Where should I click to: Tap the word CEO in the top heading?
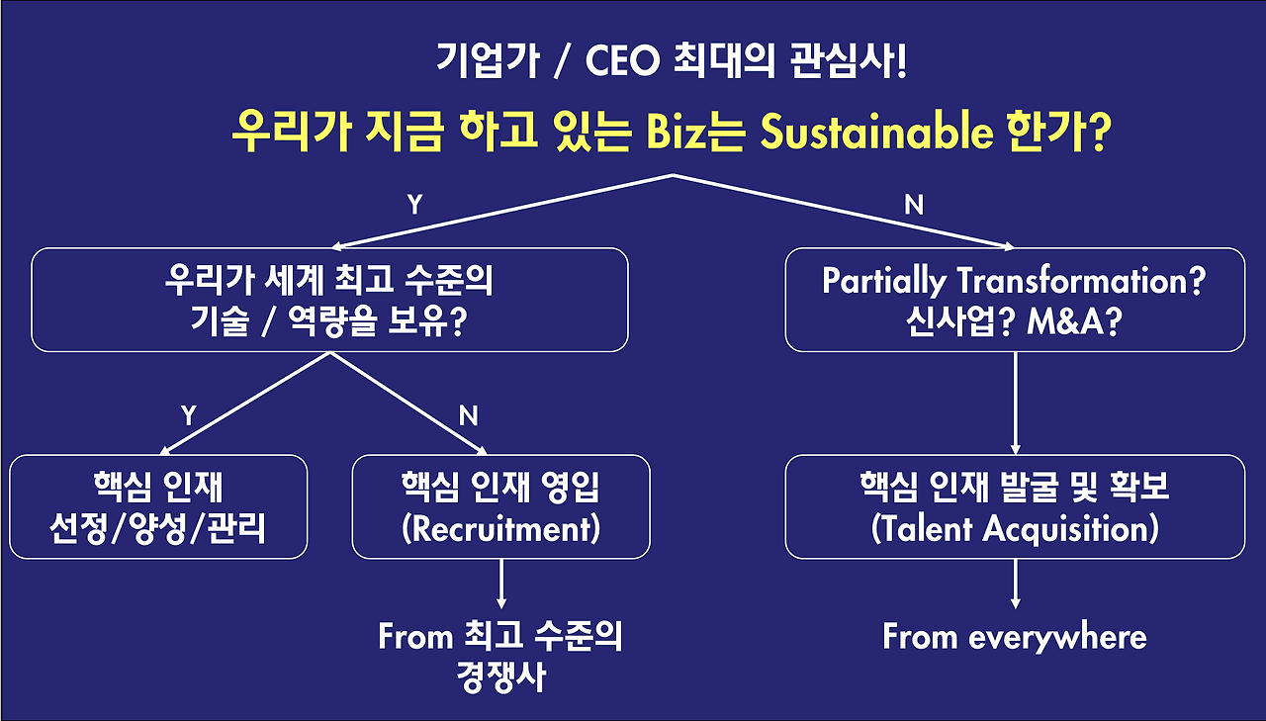click(x=625, y=64)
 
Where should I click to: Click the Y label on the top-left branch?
click(x=414, y=205)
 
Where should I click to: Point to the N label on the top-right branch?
click(x=914, y=205)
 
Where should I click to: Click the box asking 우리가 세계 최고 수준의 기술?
click(x=329, y=300)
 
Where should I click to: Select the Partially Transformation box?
click(x=1015, y=300)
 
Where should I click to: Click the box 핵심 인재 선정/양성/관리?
click(x=158, y=506)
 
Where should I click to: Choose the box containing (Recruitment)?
click(x=501, y=506)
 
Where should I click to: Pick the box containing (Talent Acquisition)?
click(x=1015, y=506)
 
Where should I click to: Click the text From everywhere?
click(x=1015, y=637)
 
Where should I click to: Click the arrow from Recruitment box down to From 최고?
click(x=501, y=585)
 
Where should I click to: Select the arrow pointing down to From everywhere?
click(x=1015, y=585)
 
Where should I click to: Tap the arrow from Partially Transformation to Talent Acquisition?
click(x=1015, y=403)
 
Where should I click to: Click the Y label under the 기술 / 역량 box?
click(x=188, y=416)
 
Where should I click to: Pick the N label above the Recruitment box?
click(x=469, y=416)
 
